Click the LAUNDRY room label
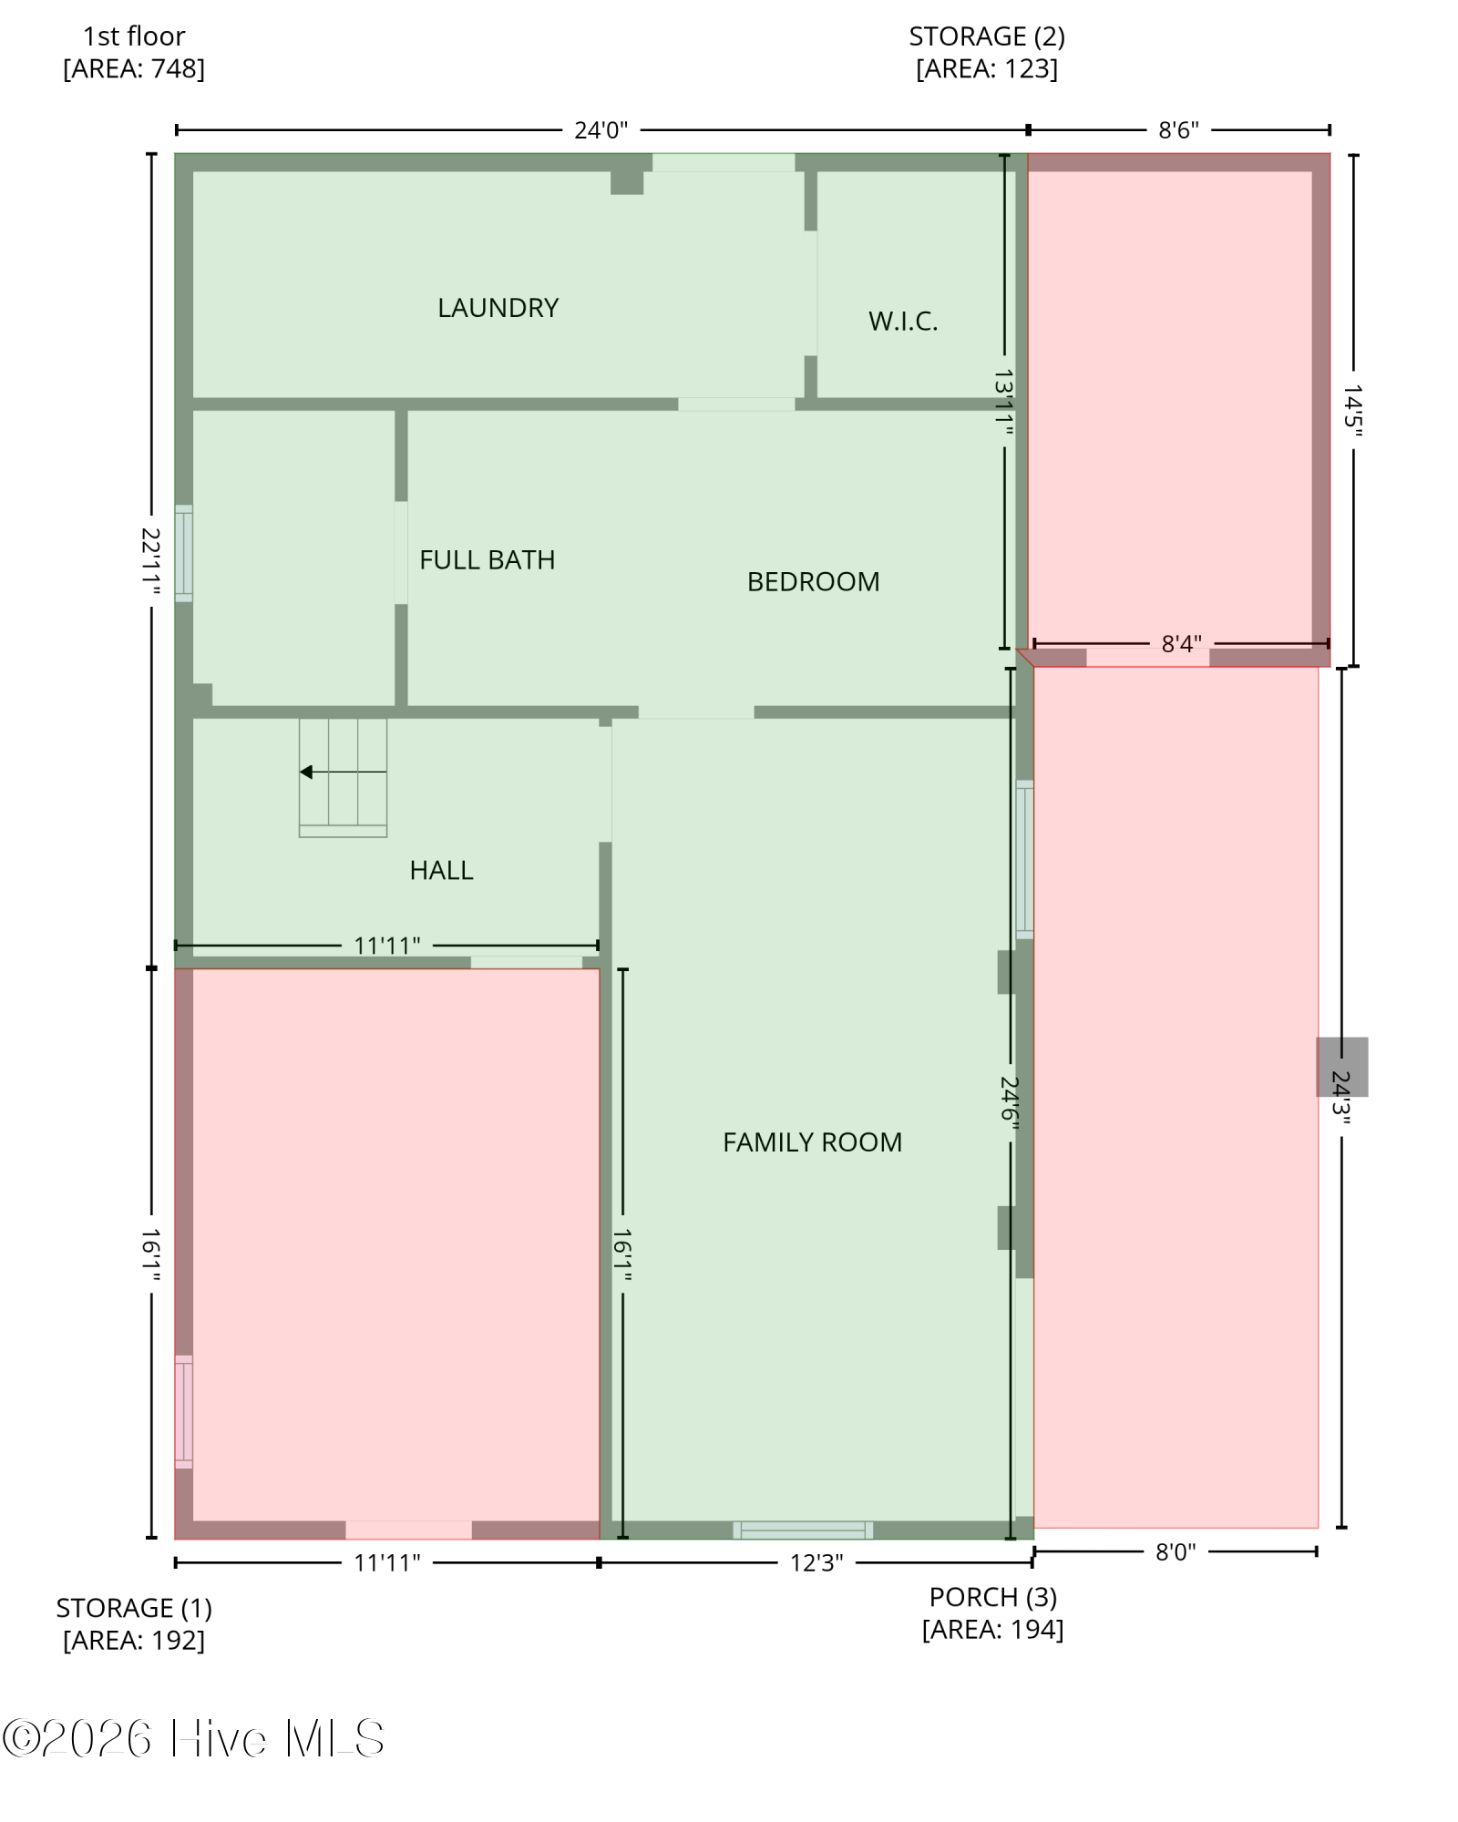(x=498, y=308)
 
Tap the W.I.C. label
(x=903, y=321)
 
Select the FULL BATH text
(x=488, y=559)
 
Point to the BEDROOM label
(x=814, y=581)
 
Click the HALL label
(x=441, y=870)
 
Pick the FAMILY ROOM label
(x=813, y=1141)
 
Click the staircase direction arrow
(x=344, y=773)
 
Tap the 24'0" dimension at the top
(x=601, y=130)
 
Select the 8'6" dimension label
(x=1178, y=130)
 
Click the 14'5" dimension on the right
(x=1353, y=410)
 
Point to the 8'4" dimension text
(x=1181, y=644)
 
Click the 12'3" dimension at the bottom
(x=816, y=1563)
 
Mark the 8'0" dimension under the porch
(x=1176, y=1552)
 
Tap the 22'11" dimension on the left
(x=151, y=562)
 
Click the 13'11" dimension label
(x=1004, y=402)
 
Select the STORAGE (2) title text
(x=987, y=36)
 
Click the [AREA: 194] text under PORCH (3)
(x=993, y=1629)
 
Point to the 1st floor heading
(x=134, y=36)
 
